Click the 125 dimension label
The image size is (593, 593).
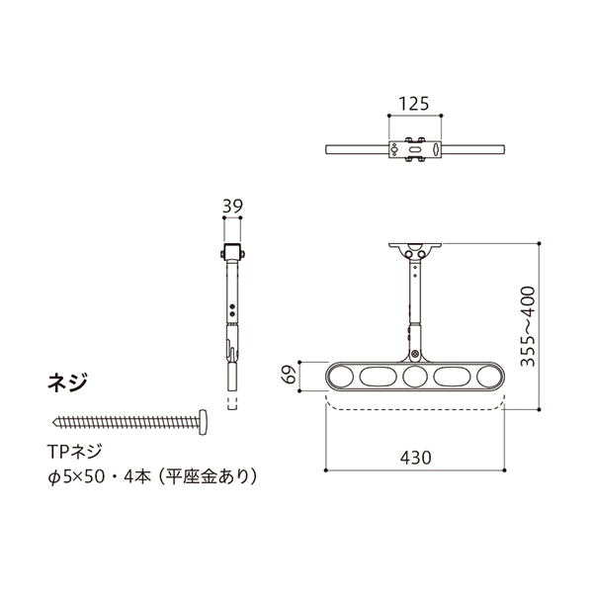click(414, 104)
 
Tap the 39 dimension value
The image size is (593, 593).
click(232, 207)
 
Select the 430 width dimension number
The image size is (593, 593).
click(416, 458)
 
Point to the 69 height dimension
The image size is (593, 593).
click(290, 375)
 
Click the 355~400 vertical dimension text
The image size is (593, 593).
click(528, 326)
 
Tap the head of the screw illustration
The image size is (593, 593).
click(203, 422)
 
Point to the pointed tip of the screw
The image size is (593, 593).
click(53, 421)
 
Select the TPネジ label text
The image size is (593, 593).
click(74, 452)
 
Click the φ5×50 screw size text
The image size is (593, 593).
click(76, 477)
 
